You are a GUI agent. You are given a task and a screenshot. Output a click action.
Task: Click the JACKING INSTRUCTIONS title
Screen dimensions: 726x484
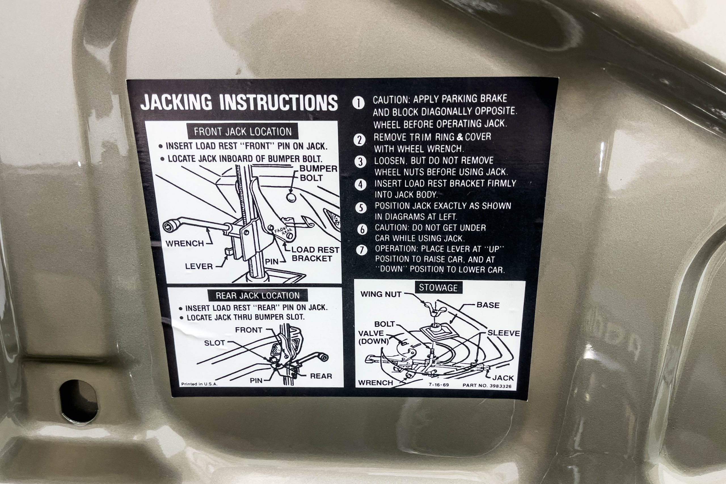click(239, 102)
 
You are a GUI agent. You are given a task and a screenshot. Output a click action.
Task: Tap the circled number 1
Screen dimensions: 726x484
click(358, 103)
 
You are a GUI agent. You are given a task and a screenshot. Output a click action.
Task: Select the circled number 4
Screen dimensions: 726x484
click(361, 185)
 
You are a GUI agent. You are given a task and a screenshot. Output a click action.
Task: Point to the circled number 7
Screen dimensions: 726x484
click(362, 250)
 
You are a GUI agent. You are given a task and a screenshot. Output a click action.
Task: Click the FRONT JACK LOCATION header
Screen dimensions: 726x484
click(243, 132)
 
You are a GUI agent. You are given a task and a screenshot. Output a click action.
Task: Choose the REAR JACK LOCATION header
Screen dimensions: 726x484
click(258, 295)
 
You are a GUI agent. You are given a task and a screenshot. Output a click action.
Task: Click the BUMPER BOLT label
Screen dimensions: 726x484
click(318, 173)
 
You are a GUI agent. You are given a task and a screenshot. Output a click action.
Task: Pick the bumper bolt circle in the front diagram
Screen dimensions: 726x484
click(291, 197)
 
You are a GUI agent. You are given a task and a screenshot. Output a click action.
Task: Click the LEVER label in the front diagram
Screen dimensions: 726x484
click(199, 266)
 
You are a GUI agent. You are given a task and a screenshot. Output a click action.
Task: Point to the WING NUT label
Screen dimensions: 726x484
click(381, 294)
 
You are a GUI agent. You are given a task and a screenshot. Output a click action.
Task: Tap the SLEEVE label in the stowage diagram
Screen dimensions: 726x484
click(504, 333)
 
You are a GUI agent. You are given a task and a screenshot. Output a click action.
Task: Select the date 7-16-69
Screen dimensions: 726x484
click(439, 385)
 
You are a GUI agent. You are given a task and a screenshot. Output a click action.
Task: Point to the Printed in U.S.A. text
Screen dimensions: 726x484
click(199, 384)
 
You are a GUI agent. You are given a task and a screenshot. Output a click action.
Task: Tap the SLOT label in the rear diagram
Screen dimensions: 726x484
click(214, 343)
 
